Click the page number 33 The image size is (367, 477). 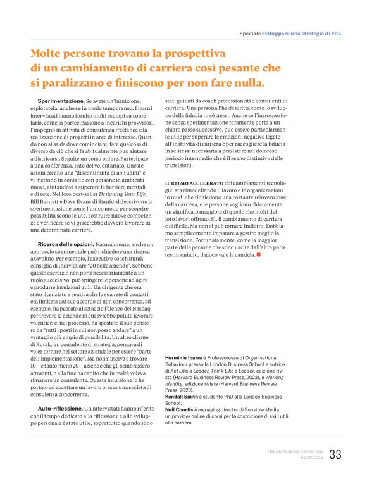tap(335, 454)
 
